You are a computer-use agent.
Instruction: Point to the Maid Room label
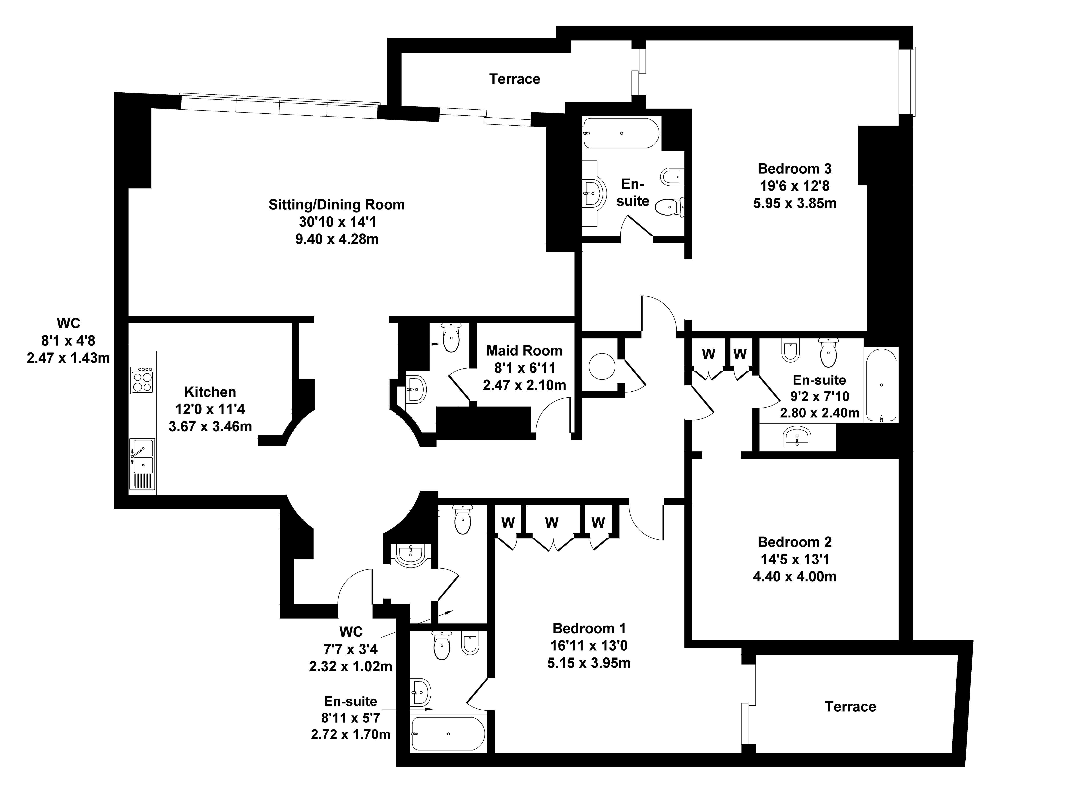(x=524, y=351)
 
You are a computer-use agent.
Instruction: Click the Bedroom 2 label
(x=794, y=542)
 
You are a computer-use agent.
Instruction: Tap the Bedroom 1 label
(x=589, y=628)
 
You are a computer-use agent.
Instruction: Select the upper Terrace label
(x=515, y=79)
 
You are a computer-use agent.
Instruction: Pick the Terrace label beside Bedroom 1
(x=850, y=706)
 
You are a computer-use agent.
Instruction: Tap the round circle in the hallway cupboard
(x=602, y=366)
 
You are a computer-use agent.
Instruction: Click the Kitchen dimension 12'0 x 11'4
(x=210, y=409)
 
